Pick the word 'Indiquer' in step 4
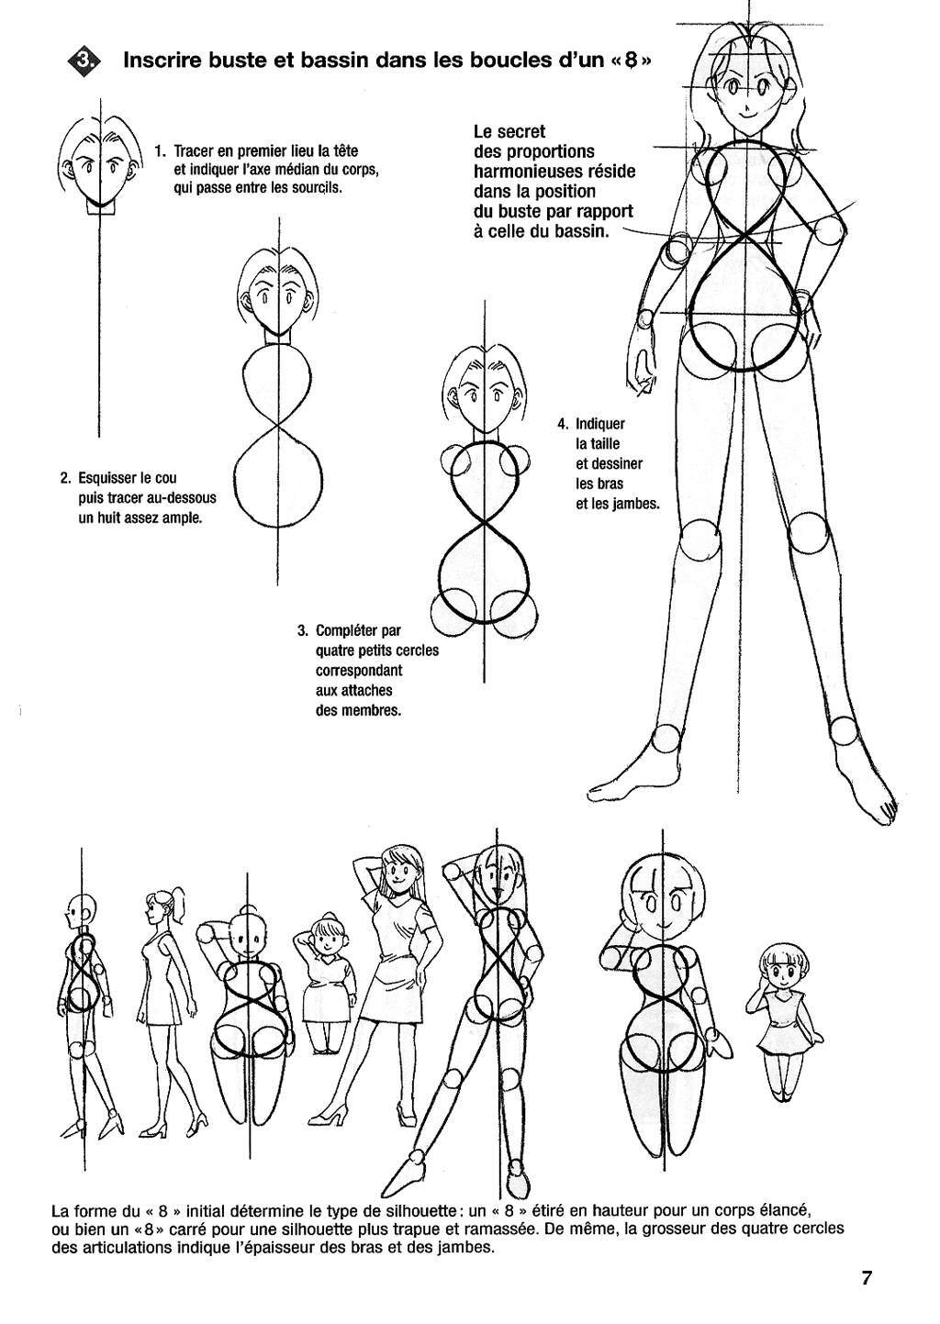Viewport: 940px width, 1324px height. (600, 423)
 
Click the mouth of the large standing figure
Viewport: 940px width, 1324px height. (747, 114)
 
